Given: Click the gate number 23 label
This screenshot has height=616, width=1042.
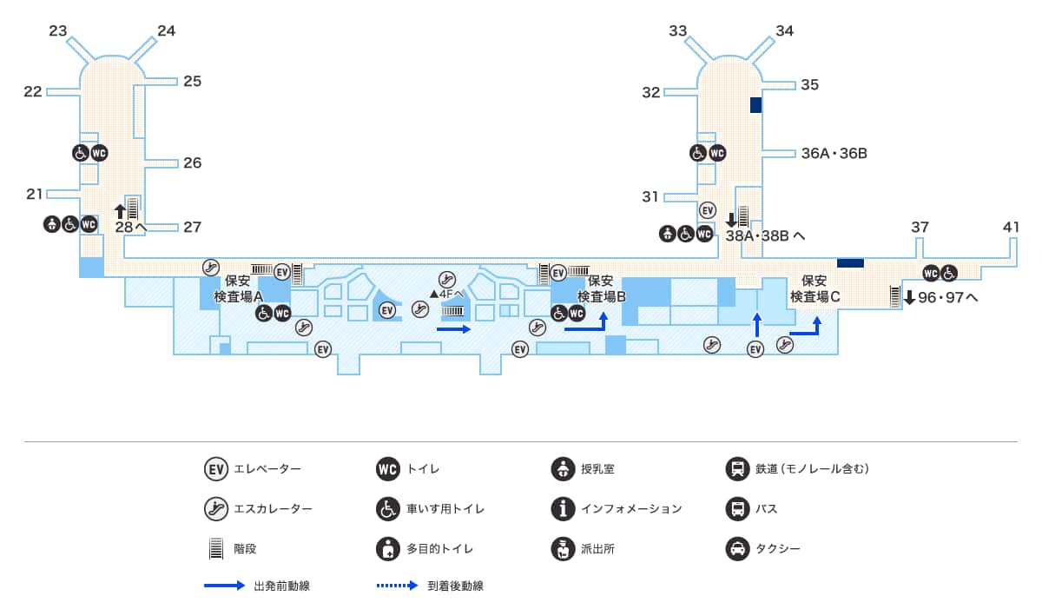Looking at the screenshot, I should [58, 31].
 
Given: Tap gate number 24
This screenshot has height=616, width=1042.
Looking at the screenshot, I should [166, 31].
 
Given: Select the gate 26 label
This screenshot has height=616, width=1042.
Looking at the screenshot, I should [192, 162].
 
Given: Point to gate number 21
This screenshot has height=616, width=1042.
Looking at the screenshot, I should [35, 194].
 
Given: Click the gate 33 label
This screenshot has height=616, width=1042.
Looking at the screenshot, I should [678, 31].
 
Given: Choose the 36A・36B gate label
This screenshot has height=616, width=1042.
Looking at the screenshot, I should [834, 154].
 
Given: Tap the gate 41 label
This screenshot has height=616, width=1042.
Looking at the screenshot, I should [1011, 228].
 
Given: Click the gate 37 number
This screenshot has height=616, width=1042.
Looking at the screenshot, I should [920, 228].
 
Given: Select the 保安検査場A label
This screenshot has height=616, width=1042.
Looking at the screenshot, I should [238, 288].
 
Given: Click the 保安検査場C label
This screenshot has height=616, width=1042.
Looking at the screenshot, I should [814, 288].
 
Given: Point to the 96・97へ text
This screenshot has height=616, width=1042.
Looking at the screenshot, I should [948, 297].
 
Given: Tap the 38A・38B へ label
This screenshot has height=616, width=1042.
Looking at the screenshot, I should [765, 235].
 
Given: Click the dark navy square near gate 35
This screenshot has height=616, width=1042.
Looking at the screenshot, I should [755, 105].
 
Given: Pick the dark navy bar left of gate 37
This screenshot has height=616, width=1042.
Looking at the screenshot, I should [850, 262].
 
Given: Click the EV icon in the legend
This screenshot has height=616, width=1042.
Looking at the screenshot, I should [215, 469].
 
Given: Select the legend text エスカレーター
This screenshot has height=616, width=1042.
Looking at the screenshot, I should [273, 509].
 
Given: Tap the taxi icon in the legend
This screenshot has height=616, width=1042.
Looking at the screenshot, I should [737, 549].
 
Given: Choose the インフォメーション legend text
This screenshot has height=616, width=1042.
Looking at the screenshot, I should [631, 509].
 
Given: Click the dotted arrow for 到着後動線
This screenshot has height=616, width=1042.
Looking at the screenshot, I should [398, 586].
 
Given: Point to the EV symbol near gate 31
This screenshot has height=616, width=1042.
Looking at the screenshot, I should [708, 210].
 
